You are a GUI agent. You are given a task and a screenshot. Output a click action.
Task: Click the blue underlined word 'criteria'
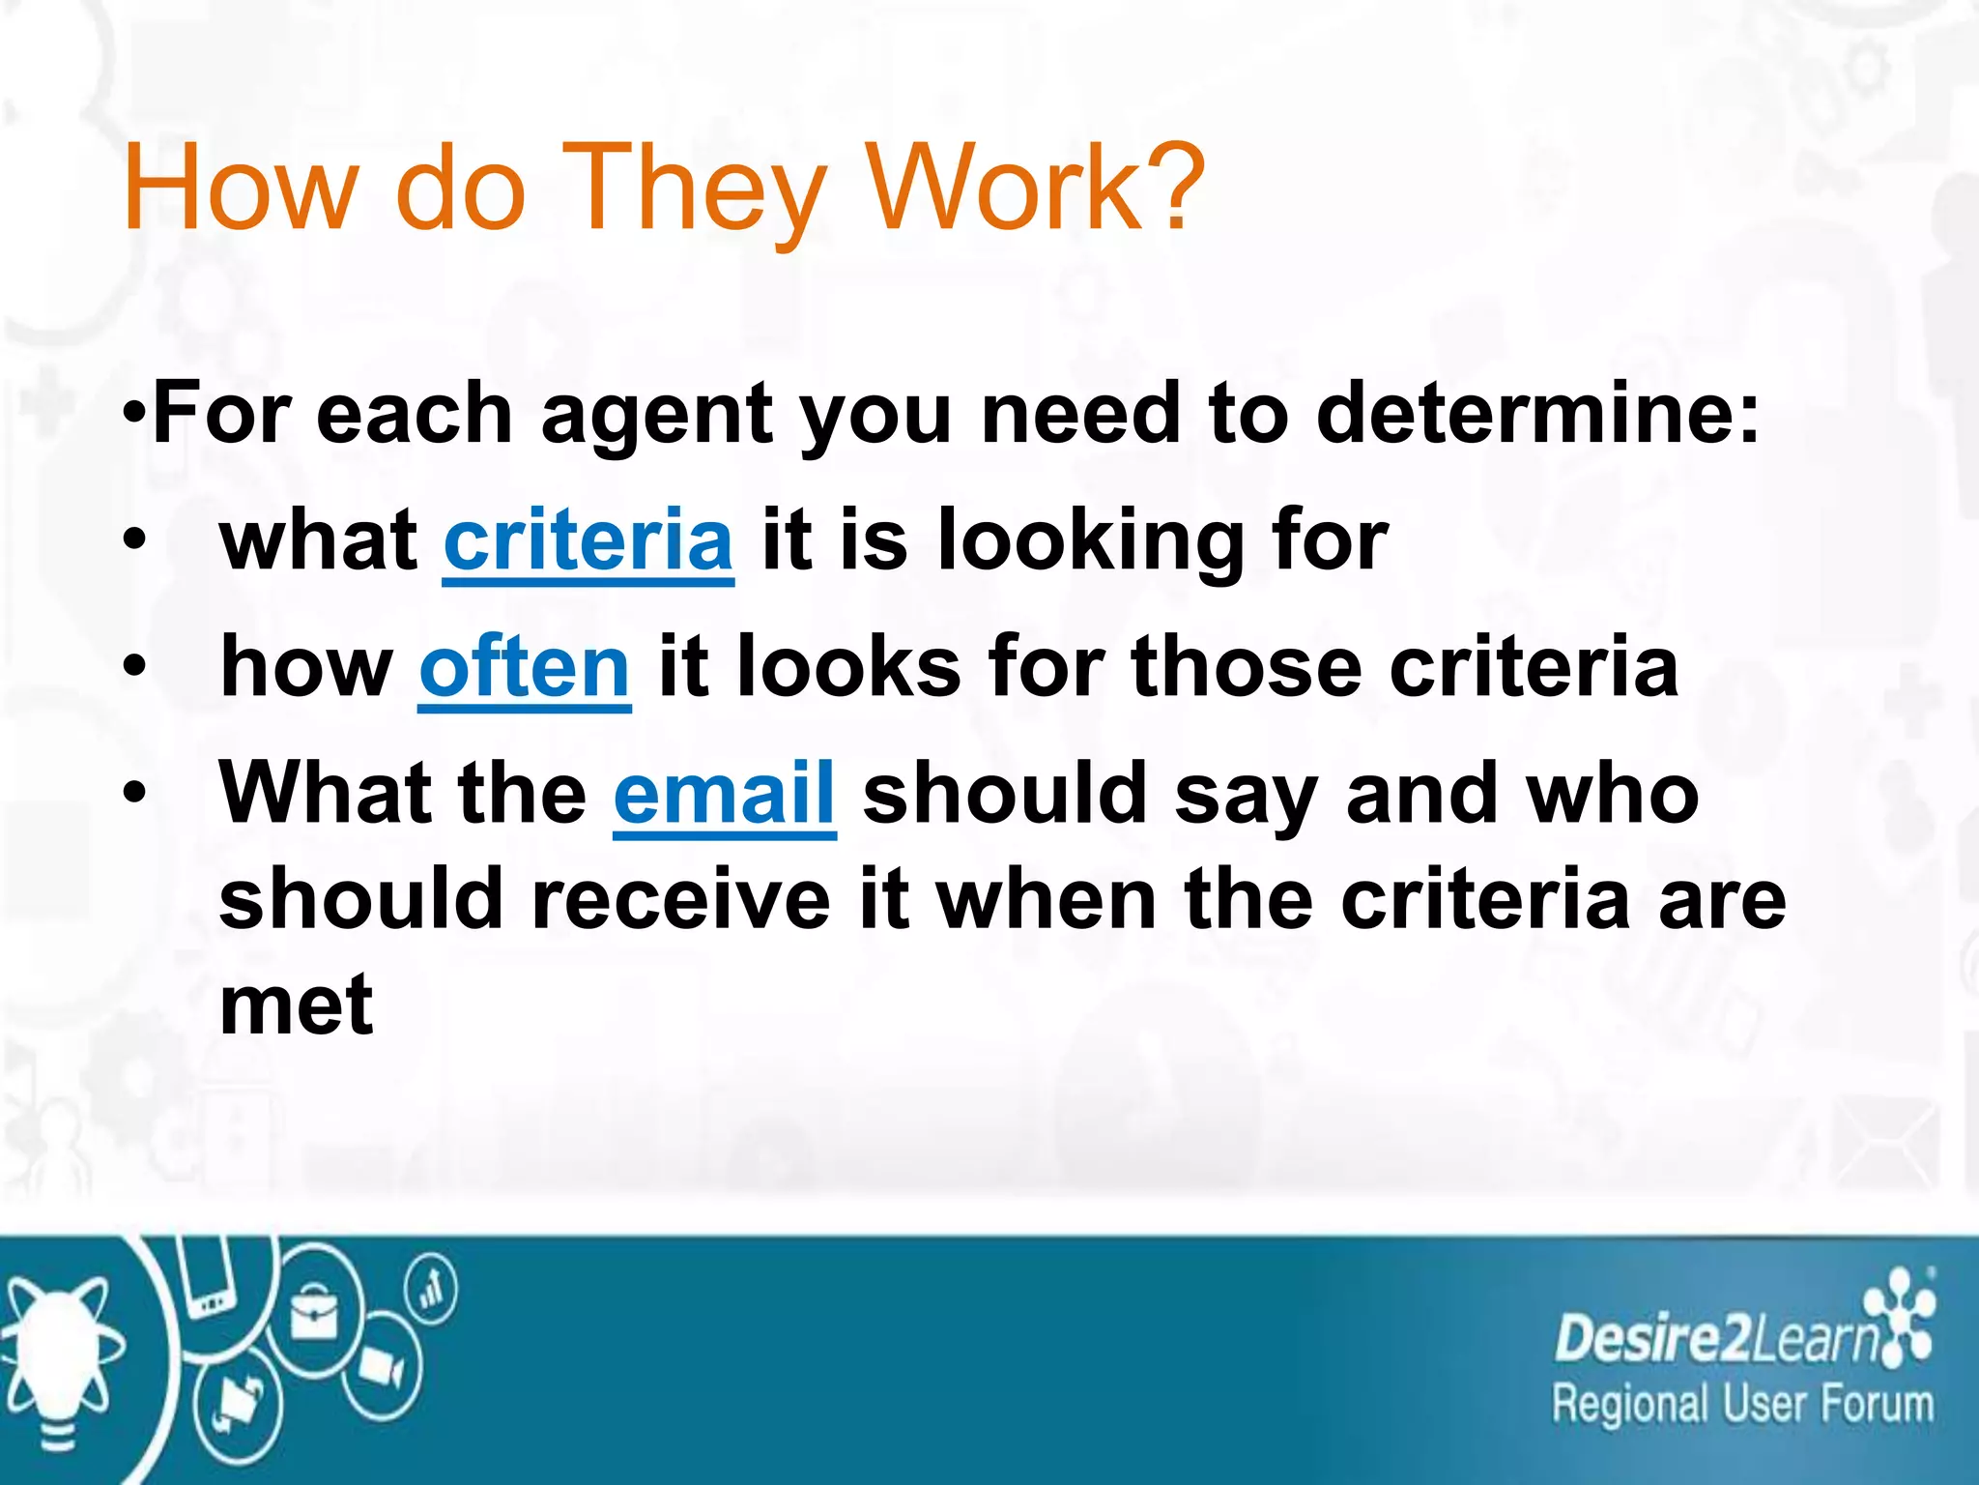point(588,540)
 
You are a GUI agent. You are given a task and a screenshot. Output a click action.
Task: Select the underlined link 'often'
point(525,667)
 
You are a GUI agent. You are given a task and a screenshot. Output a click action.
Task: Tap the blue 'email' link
point(724,794)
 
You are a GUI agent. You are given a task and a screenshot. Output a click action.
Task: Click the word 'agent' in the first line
point(657,414)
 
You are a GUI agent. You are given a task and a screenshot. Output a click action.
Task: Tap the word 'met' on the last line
point(296,1005)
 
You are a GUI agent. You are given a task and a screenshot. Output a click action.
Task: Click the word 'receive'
point(680,899)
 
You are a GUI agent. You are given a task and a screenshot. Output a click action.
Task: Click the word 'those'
point(1247,667)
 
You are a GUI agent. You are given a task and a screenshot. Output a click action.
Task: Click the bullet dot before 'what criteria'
point(135,540)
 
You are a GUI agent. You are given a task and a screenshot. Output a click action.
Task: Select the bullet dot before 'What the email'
point(135,794)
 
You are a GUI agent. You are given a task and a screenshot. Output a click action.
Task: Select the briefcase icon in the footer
point(313,1316)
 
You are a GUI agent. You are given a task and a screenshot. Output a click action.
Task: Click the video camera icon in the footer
point(382,1367)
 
